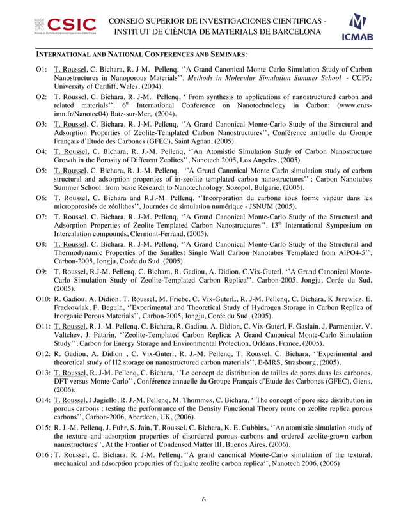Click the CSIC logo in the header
coord(66,27)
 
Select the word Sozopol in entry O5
coord(247,189)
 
